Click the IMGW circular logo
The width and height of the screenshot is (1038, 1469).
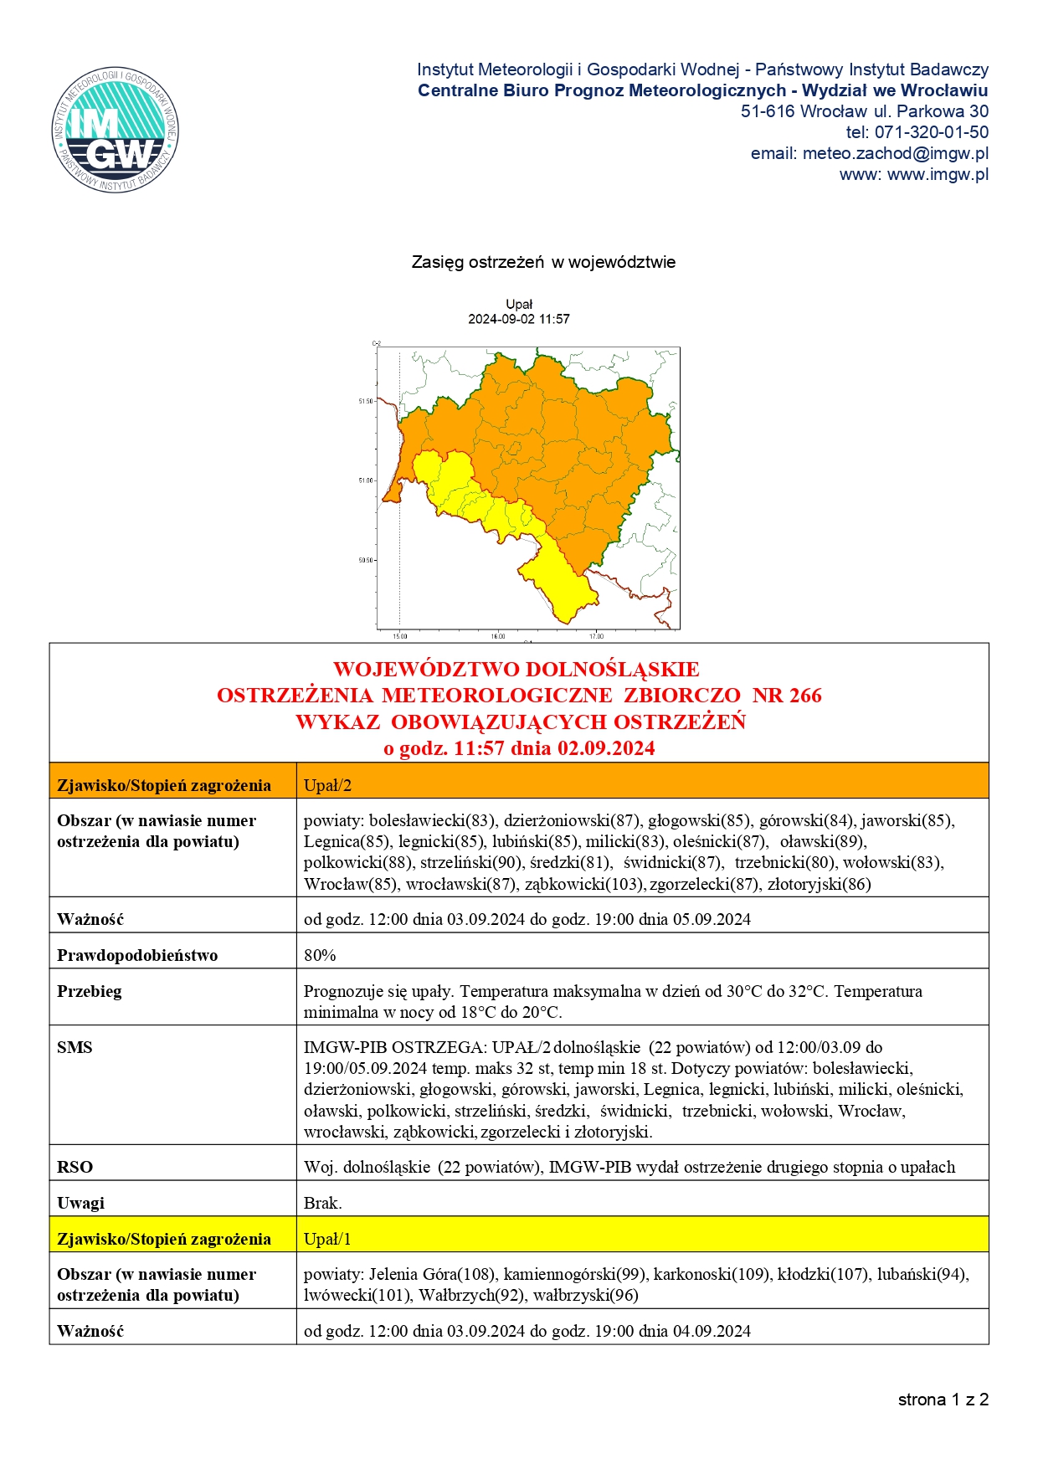pyautogui.click(x=116, y=130)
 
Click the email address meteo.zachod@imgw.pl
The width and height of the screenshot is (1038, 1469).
pyautogui.click(x=895, y=153)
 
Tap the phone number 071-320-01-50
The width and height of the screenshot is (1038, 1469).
pyautogui.click(x=931, y=132)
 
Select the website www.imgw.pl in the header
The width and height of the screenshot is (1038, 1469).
pyautogui.click(x=938, y=174)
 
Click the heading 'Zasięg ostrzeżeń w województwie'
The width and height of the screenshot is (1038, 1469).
pyautogui.click(x=543, y=262)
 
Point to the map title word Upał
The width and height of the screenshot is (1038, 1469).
pyautogui.click(x=519, y=305)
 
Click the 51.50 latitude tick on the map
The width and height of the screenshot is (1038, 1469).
pyautogui.click(x=366, y=402)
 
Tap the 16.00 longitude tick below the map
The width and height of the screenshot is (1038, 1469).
pyautogui.click(x=498, y=636)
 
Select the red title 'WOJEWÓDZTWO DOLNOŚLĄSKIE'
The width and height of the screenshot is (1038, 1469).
pyautogui.click(x=516, y=670)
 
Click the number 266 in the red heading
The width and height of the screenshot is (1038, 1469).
pyautogui.click(x=804, y=696)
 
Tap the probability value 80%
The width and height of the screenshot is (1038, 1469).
pyautogui.click(x=320, y=955)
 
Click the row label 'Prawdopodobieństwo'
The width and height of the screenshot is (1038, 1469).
pyautogui.click(x=137, y=955)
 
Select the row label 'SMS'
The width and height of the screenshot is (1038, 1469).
pyautogui.click(x=75, y=1047)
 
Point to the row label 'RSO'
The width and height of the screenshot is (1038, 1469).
pyautogui.click(x=75, y=1167)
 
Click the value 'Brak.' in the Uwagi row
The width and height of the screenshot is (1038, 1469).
pyautogui.click(x=322, y=1203)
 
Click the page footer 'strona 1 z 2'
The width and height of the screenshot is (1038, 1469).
pyautogui.click(x=943, y=1400)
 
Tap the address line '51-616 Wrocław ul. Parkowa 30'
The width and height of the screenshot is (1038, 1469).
pyautogui.click(x=864, y=111)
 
